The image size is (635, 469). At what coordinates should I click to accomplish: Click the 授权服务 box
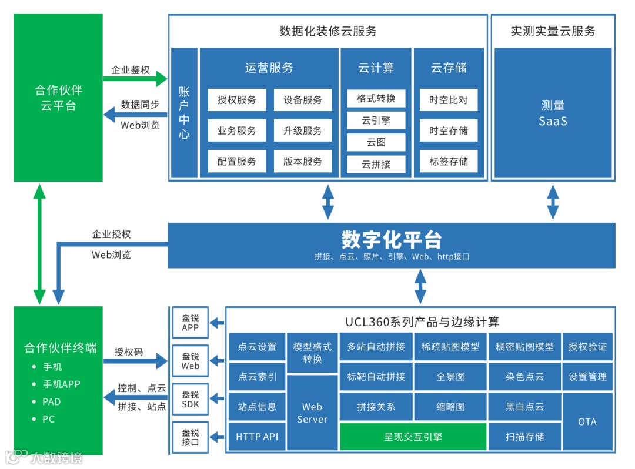[237, 100]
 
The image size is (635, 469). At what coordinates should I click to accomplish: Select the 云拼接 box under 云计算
[376, 164]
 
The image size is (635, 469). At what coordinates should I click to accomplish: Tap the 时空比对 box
[449, 100]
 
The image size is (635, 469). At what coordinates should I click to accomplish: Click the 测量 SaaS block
[552, 113]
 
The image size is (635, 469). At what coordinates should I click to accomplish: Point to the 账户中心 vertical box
[184, 113]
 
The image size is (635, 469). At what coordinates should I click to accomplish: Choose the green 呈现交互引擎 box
[413, 437]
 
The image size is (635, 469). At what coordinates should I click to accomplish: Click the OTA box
[587, 421]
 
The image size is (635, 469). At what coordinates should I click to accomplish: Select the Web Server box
[312, 413]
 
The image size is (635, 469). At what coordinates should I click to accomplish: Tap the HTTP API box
[257, 437]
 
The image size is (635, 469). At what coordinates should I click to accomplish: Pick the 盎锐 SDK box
[190, 400]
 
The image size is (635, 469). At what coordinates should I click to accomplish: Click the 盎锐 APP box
[190, 323]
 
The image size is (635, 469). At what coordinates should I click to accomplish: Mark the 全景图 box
[450, 377]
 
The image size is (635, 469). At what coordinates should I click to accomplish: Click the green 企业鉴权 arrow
[136, 78]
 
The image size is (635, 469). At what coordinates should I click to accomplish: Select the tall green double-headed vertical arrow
[39, 244]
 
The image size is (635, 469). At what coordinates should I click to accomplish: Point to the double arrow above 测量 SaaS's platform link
[553, 202]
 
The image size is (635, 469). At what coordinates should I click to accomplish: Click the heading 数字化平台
[392, 240]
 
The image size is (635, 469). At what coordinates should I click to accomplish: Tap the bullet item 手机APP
[62, 384]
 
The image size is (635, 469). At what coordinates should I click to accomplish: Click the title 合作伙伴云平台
[58, 98]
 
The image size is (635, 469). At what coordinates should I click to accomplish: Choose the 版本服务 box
[303, 161]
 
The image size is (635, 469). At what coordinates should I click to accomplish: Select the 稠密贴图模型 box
[524, 347]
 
